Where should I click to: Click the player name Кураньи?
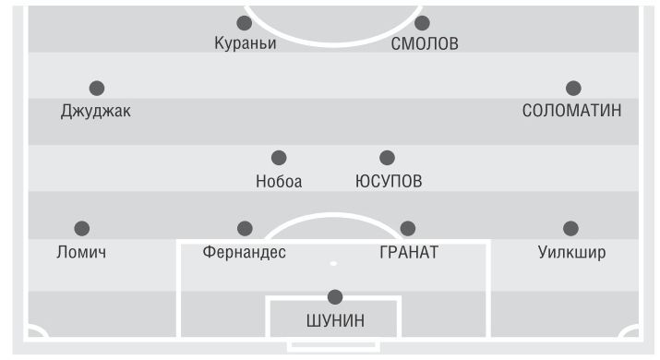246,43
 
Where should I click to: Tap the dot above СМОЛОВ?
422,23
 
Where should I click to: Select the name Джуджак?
96,111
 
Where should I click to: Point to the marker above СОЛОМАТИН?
573,89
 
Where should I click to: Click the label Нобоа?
279,182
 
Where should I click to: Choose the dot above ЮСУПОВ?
388,158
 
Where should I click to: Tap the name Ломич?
81,252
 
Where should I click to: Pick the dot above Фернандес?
245,229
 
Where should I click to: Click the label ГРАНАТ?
409,252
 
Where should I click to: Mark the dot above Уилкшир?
570,229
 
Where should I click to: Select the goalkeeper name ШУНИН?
335,321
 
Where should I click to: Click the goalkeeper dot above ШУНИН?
335,297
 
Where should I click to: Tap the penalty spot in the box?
333,264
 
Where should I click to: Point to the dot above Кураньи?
244,23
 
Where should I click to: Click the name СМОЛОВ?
425,43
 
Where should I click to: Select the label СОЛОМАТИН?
571,111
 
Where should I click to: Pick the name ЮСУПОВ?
389,182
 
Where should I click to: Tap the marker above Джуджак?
97,89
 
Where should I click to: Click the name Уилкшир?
571,252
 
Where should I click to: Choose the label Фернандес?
244,252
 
